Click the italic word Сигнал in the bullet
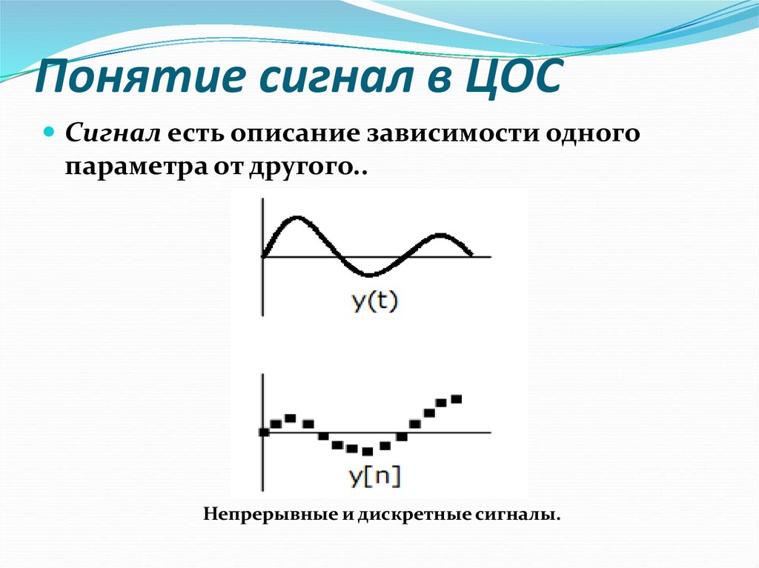pos(113,135)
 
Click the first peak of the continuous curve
pos(296,218)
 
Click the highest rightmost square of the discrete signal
pos(456,399)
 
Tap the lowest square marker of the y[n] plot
pos(367,451)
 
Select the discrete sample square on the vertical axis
pos(263,432)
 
